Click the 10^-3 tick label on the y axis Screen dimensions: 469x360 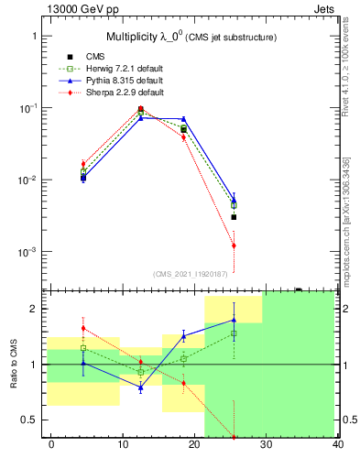tap(29, 252)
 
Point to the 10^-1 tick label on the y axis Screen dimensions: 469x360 tap(29, 108)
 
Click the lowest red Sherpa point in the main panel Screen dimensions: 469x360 tap(234, 245)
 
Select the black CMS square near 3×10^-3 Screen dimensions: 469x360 tap(234, 217)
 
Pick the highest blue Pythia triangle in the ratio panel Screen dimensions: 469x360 tap(234, 320)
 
